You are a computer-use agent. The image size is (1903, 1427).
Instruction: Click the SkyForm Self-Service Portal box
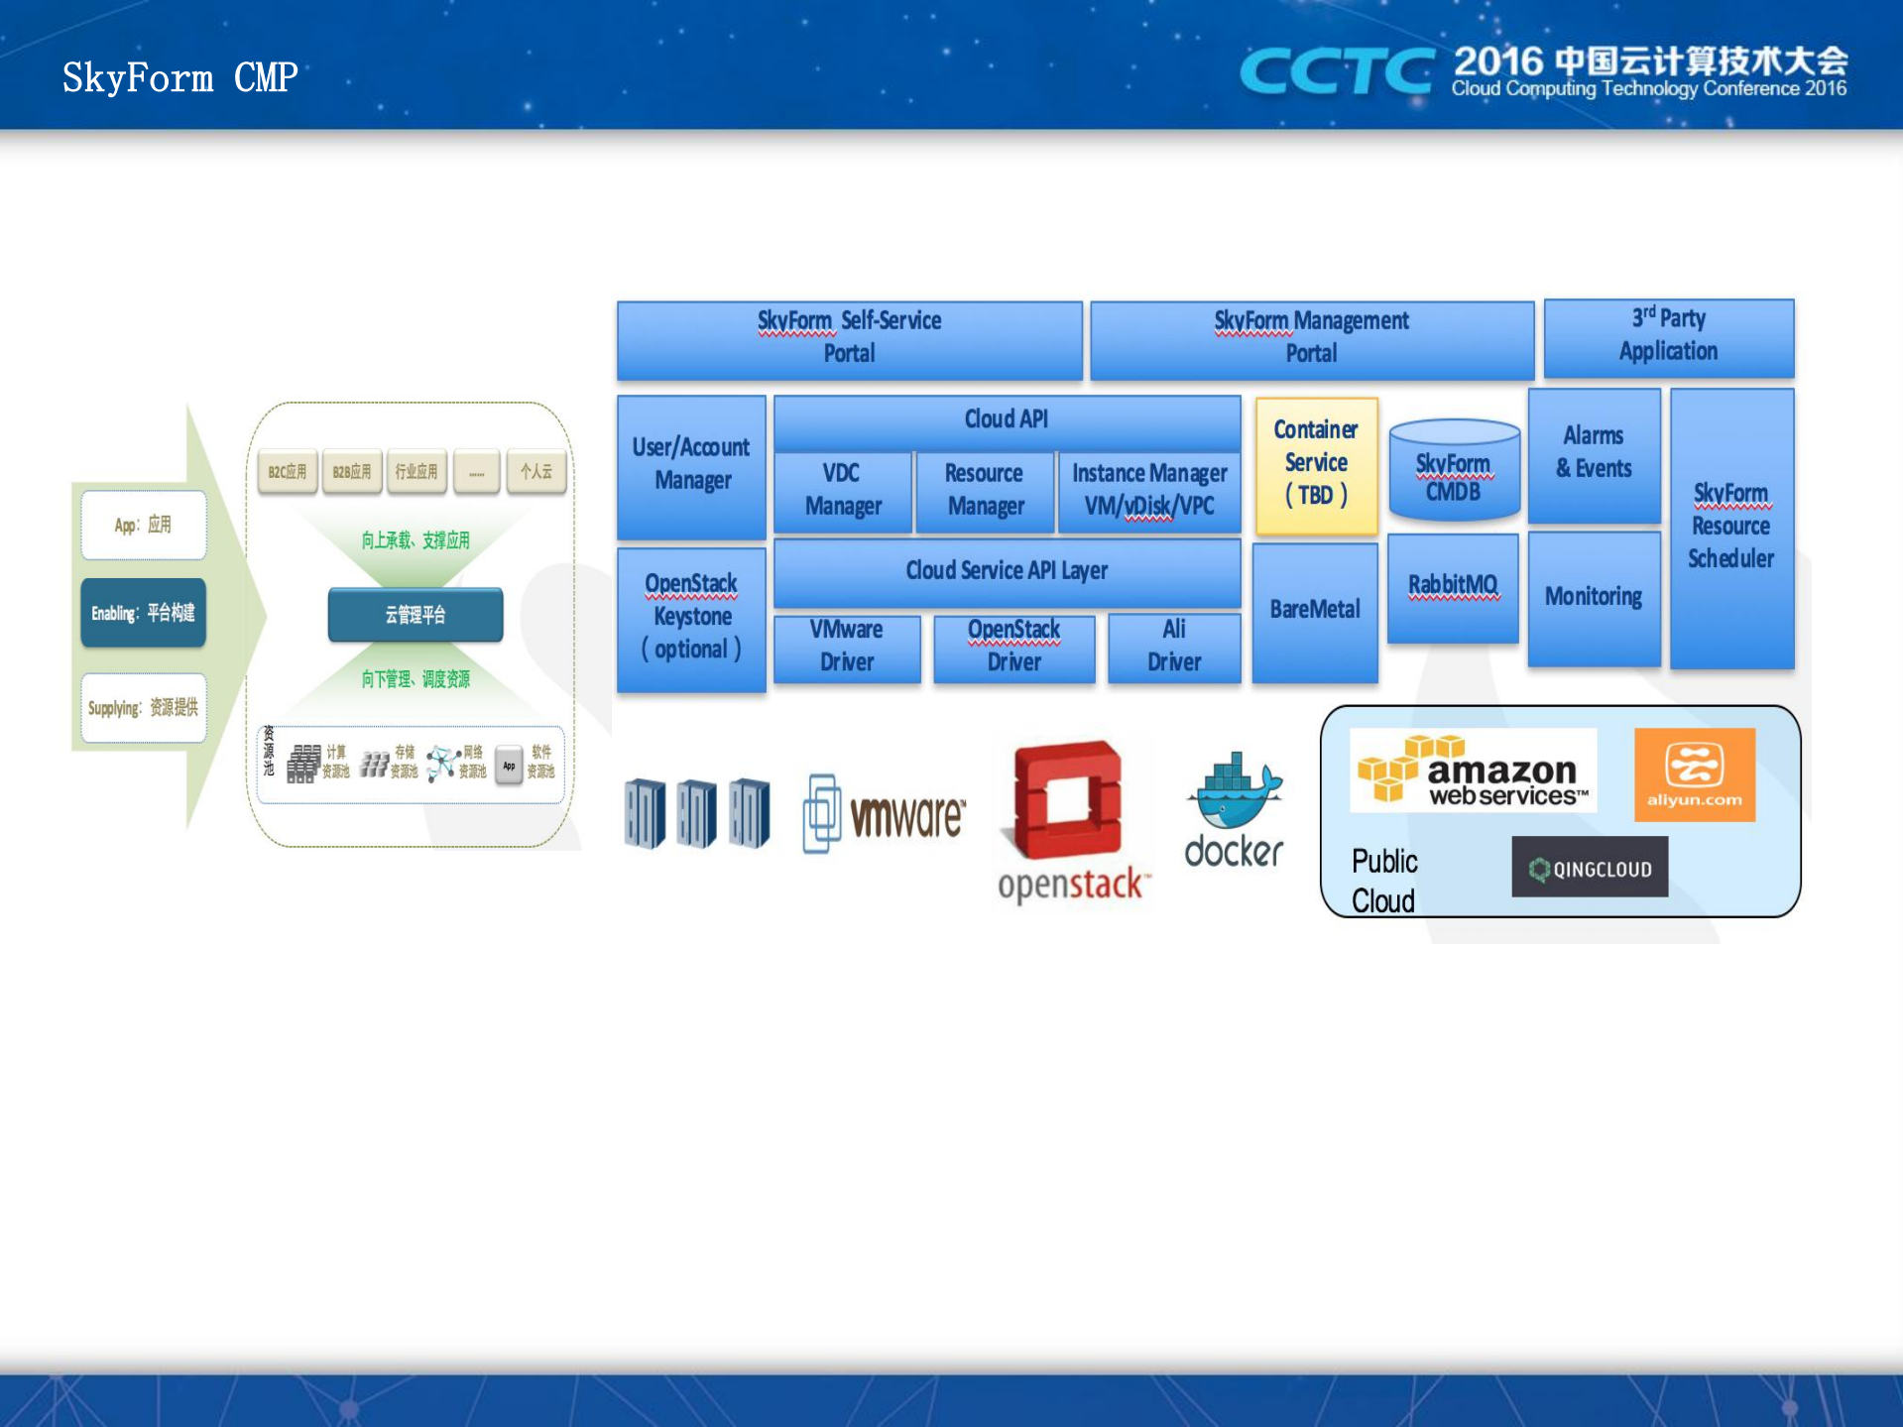pos(849,339)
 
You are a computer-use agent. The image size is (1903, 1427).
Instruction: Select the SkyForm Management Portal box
pos(1311,339)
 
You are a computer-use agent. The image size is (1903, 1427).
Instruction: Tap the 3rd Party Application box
pos(1668,337)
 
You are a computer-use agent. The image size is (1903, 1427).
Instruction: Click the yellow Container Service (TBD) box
pos(1316,464)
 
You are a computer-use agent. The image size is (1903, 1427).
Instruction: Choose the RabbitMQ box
pos(1453,587)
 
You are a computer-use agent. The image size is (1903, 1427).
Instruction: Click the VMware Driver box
pos(846,647)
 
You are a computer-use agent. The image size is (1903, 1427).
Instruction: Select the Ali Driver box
pos(1174,647)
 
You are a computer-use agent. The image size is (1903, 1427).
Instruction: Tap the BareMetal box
pos(1315,611)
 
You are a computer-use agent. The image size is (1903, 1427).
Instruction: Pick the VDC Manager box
pos(842,491)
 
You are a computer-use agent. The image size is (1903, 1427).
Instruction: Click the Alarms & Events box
pos(1594,454)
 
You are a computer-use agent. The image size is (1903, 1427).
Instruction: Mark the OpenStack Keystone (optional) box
pos(691,618)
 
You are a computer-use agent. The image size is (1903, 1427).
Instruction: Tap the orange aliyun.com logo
pos(1694,774)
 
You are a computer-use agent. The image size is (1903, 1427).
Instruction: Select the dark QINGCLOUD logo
pos(1589,868)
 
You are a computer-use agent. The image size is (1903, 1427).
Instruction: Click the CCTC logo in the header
pos(1336,71)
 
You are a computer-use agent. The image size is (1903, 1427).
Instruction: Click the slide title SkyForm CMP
pos(179,78)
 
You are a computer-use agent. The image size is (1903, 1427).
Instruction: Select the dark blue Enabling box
pos(144,613)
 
